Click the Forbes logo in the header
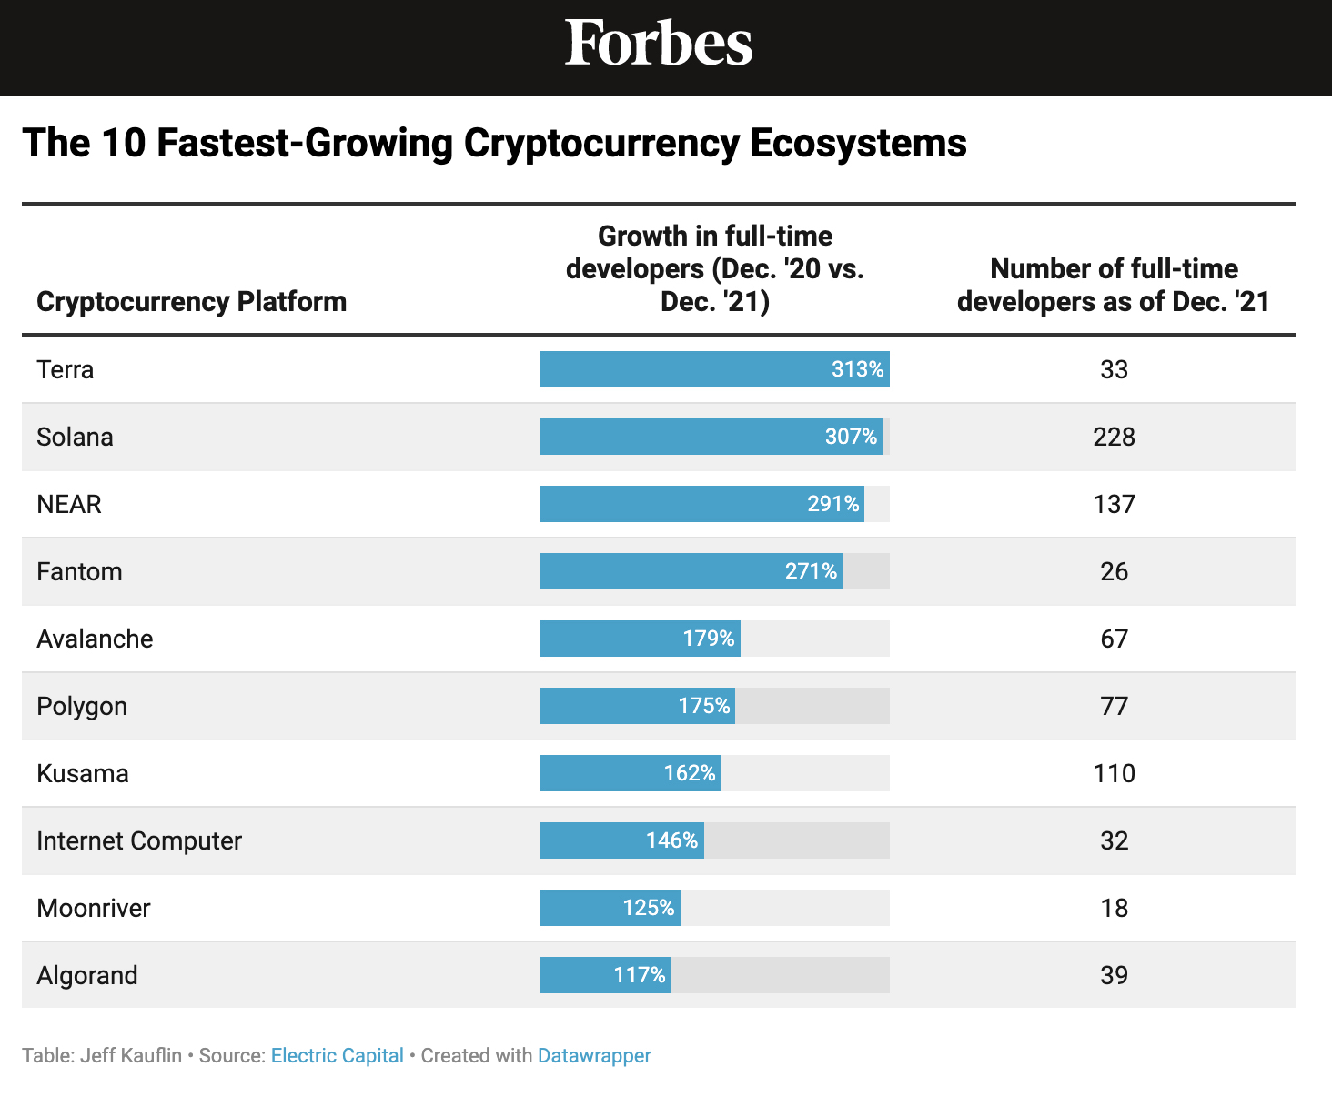tap(659, 43)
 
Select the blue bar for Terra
tap(682, 369)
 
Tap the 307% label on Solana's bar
tap(851, 437)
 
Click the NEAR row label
tap(69, 504)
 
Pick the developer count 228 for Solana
tap(1114, 437)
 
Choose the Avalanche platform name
tap(95, 639)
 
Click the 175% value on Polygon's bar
tap(704, 706)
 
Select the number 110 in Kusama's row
tap(1114, 773)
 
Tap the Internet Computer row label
tap(139, 840)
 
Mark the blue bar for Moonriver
tap(582, 908)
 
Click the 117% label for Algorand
tap(640, 975)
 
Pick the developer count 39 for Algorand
tap(1114, 975)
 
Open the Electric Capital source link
tap(337, 1055)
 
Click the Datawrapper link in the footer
tap(594, 1055)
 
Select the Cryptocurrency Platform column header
tap(191, 301)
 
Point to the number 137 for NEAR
tap(1114, 504)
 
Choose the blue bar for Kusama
tap(600, 773)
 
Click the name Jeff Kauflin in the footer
tap(131, 1055)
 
